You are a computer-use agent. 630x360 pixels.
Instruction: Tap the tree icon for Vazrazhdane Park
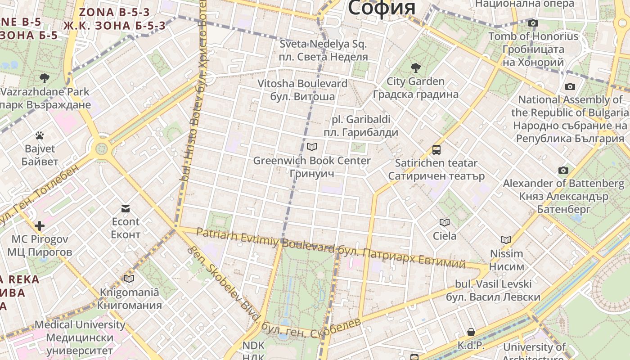[x=44, y=78]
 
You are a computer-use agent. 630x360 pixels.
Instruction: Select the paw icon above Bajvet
[x=40, y=135]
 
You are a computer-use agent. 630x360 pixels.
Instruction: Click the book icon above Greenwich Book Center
[x=312, y=147]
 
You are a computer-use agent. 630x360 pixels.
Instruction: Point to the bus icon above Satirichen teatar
[x=436, y=149]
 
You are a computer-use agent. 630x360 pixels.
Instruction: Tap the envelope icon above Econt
[x=126, y=208]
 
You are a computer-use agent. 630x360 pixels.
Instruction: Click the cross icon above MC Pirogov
[x=40, y=225]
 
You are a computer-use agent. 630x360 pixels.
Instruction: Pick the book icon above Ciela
[x=444, y=222]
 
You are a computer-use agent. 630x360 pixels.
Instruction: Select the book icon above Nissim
[x=506, y=240]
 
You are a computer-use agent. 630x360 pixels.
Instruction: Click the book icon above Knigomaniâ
[x=129, y=279]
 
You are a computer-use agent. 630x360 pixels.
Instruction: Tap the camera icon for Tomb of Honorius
[x=533, y=23]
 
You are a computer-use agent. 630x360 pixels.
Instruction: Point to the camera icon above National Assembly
[x=570, y=86]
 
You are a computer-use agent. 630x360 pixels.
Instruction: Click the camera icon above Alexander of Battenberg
[x=563, y=170]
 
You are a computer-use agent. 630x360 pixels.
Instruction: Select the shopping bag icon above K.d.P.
[x=471, y=332]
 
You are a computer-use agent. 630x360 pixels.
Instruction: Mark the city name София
[x=382, y=8]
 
